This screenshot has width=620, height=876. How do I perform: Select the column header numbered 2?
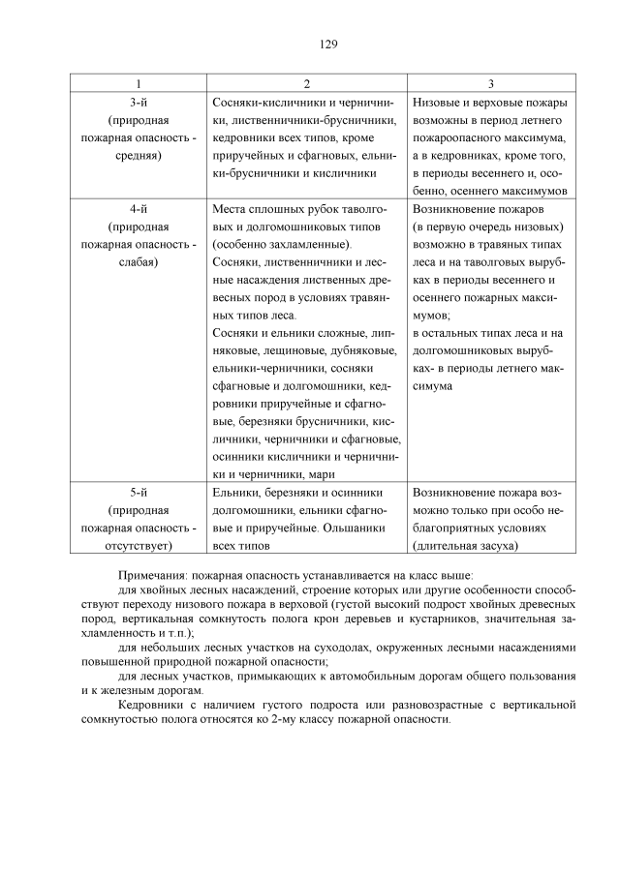click(x=306, y=84)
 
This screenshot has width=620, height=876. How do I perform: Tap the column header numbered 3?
click(x=490, y=84)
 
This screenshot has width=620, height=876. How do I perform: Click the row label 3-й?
click(x=139, y=103)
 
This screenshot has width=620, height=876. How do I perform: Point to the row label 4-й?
click(x=139, y=208)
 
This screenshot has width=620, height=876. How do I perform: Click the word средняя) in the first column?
click(x=139, y=155)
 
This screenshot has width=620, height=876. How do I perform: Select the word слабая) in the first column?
click(x=139, y=261)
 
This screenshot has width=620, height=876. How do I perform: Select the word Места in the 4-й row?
click(x=230, y=208)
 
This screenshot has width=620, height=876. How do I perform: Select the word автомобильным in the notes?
click(x=338, y=676)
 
